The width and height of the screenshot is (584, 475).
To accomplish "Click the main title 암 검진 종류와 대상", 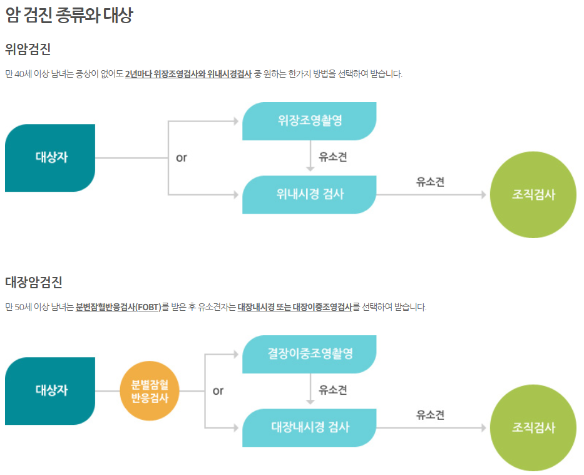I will (69, 16).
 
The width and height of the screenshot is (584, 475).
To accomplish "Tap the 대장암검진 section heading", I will (33, 282).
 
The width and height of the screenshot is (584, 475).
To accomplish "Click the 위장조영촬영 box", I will (309, 120).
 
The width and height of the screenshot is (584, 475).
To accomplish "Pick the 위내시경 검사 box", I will (309, 194).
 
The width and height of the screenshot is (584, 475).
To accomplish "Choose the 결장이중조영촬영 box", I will (309, 353).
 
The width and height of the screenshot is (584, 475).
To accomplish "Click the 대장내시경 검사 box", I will (309, 427).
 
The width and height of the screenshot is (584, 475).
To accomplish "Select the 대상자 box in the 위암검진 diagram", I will (50, 157).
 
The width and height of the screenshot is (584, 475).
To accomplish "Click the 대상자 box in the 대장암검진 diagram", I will (50, 390).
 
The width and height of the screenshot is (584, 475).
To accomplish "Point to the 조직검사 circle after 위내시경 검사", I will (533, 194).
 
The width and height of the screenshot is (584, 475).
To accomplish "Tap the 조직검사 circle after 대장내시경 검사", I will (533, 427).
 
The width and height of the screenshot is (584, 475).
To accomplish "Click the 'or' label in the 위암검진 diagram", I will (182, 158).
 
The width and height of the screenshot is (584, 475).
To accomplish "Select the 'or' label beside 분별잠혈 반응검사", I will (218, 391).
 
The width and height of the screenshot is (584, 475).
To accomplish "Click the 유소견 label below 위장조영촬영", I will (332, 157).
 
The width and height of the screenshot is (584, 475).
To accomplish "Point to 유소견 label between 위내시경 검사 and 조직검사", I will (430, 182).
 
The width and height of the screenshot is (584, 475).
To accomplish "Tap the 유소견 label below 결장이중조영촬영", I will (332, 390).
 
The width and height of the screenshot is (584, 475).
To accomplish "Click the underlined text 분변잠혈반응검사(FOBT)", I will (118, 307).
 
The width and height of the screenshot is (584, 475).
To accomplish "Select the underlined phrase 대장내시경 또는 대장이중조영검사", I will (294, 307).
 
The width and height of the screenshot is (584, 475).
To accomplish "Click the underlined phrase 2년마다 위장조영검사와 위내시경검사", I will (188, 74).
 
